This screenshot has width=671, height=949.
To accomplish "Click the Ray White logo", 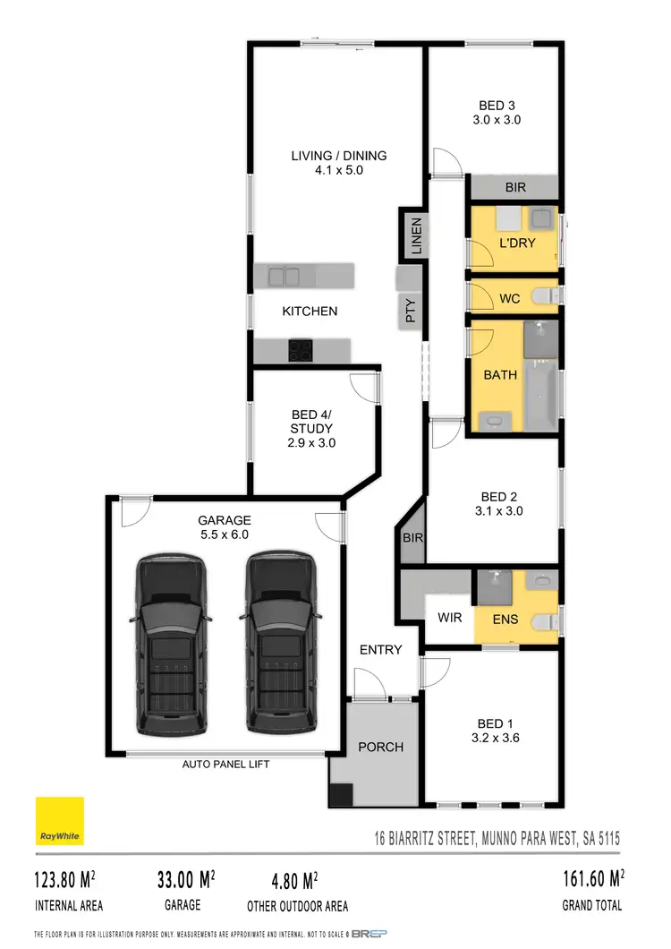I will (60, 821).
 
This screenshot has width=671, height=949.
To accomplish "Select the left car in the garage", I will (172, 643).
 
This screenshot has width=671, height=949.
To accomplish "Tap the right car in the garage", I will (282, 643).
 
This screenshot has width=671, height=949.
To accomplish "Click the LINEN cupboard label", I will (415, 235).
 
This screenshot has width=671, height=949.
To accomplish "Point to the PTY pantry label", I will (411, 312).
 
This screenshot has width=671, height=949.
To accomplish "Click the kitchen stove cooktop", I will (300, 351).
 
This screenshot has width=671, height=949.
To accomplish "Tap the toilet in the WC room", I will (543, 297).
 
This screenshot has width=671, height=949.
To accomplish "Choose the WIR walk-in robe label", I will (449, 618).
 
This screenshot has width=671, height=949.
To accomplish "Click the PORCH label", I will (380, 747).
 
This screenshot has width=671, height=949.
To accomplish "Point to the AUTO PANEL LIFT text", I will (225, 765).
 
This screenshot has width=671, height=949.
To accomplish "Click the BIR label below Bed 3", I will (515, 188).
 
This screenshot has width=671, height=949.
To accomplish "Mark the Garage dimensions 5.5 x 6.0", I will (225, 534).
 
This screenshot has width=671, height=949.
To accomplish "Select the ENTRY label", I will (380, 650).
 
